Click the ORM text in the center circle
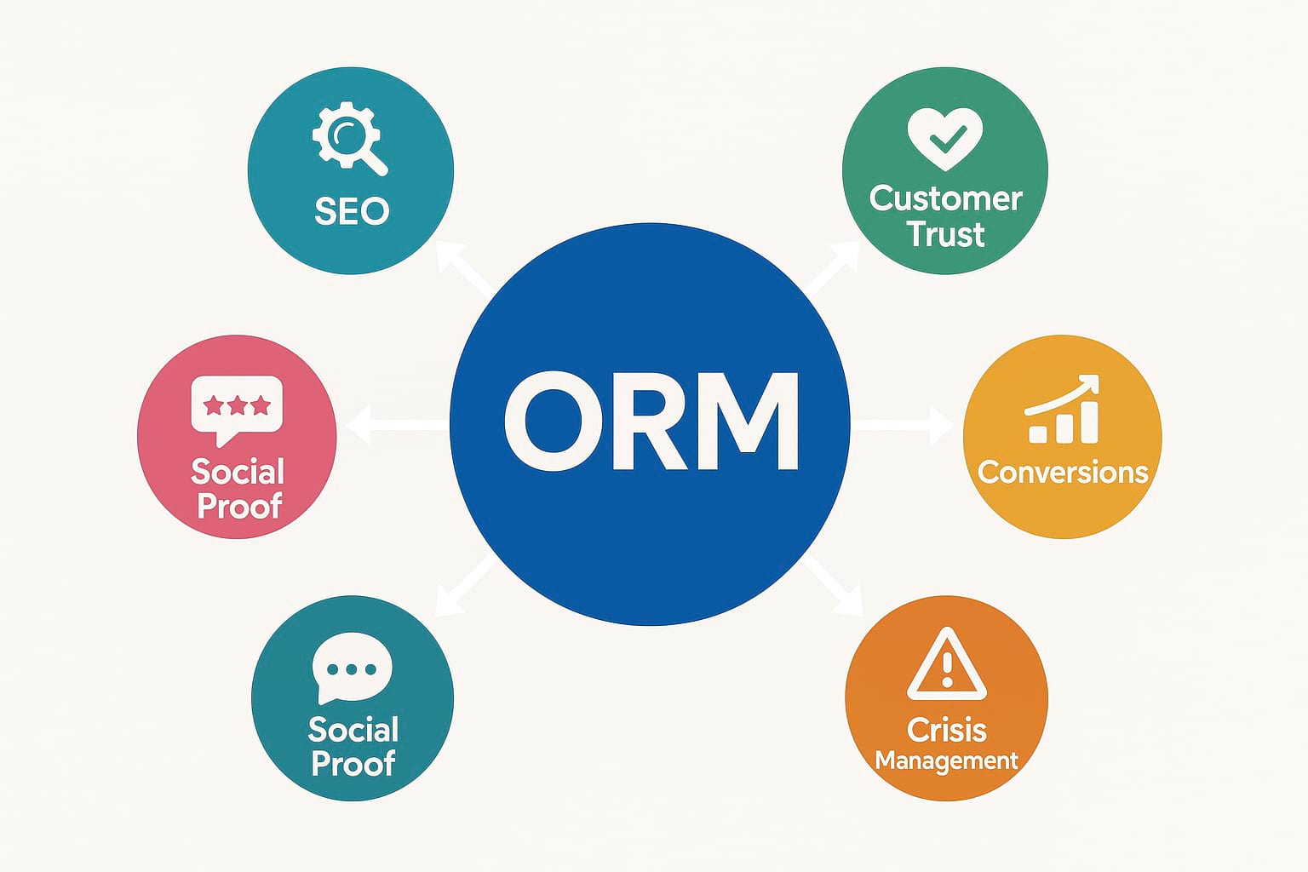click(x=651, y=423)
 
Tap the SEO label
click(x=352, y=211)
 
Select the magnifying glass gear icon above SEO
click(x=348, y=138)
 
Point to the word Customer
click(x=945, y=198)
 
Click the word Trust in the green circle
click(x=945, y=234)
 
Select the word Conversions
click(x=1063, y=472)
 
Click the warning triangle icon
click(x=946, y=664)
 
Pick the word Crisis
click(x=946, y=730)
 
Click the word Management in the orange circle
click(x=946, y=760)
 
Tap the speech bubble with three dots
click(x=352, y=668)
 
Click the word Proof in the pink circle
click(x=239, y=507)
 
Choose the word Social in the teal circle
click(x=353, y=730)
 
